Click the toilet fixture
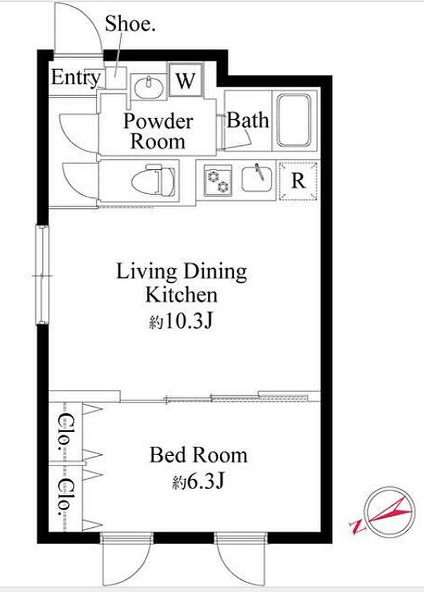click(161, 180)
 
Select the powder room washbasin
click(148, 87)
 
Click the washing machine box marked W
click(186, 80)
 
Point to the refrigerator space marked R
click(298, 180)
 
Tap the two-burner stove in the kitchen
click(217, 180)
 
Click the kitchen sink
click(257, 179)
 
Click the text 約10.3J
click(181, 321)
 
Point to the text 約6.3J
click(199, 482)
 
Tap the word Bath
click(248, 120)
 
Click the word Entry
click(76, 78)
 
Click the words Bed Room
click(199, 455)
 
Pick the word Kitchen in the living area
click(181, 295)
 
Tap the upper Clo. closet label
click(65, 432)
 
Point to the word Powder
click(158, 121)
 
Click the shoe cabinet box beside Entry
click(115, 77)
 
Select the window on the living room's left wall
click(42, 274)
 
